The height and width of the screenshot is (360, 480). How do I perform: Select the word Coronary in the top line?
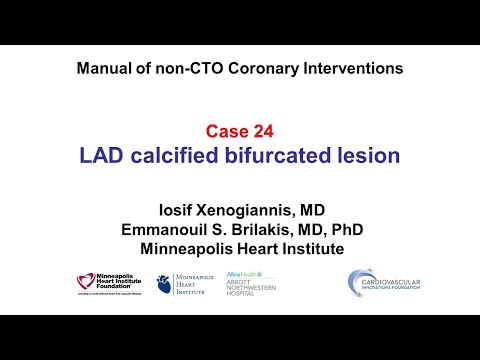tap(256, 69)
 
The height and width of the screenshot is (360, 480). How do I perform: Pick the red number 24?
tap(263, 131)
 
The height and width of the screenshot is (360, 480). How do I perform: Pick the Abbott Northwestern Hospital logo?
tap(250, 283)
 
